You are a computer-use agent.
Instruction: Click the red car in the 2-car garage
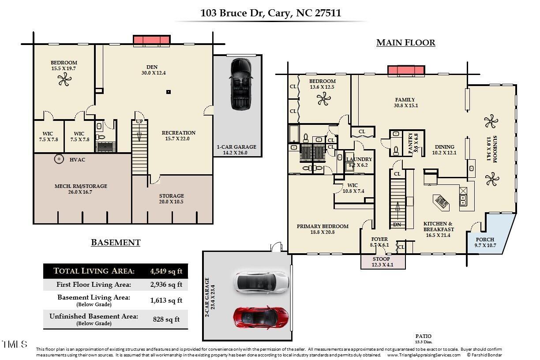pyautogui.click(x=261, y=317)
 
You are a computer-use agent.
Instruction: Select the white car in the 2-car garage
pyautogui.click(x=262, y=281)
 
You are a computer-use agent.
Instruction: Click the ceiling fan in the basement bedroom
pyautogui.click(x=64, y=80)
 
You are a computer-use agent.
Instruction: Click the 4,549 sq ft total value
pyautogui.click(x=166, y=271)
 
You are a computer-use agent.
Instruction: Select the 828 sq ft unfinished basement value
pyautogui.click(x=166, y=319)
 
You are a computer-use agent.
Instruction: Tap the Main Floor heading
pyautogui.click(x=405, y=43)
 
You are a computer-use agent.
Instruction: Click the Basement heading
pyautogui.click(x=116, y=242)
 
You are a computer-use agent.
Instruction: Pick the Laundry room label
pyautogui.click(x=359, y=159)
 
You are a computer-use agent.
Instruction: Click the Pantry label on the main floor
pyautogui.click(x=410, y=143)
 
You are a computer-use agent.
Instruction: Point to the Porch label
pyautogui.click(x=484, y=240)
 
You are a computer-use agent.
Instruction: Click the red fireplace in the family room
pyautogui.click(x=406, y=70)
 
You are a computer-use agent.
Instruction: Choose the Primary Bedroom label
pyautogui.click(x=322, y=226)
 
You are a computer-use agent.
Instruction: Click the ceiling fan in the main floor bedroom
pyautogui.click(x=323, y=99)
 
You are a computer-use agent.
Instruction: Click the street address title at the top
pyautogui.click(x=270, y=13)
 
